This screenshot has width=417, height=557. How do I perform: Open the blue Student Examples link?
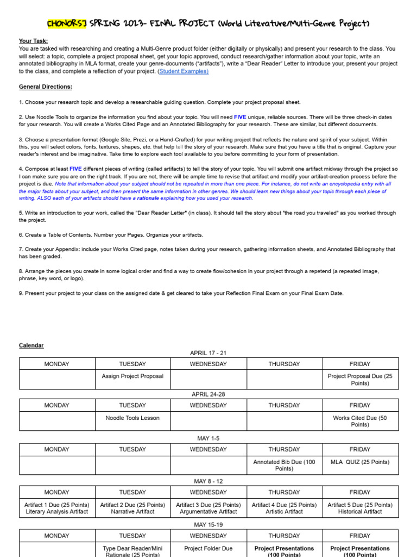click(184, 71)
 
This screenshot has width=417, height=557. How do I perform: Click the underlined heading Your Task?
click(33, 41)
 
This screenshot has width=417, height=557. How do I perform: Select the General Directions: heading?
click(46, 87)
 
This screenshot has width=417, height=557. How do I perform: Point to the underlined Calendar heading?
click(31, 345)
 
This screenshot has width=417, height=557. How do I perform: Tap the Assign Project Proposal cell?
click(132, 376)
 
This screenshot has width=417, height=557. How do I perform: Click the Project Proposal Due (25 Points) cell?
click(360, 380)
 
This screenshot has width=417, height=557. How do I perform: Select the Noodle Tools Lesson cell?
click(132, 418)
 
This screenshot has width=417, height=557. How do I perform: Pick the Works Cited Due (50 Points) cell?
click(360, 421)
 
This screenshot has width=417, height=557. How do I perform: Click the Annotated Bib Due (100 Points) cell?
click(284, 465)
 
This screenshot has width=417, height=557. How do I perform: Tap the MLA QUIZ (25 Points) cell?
click(360, 462)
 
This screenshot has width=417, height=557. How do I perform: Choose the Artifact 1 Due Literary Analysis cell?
click(57, 508)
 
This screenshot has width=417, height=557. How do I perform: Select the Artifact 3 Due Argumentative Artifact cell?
click(208, 508)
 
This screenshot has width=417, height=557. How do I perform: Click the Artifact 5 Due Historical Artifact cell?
click(360, 508)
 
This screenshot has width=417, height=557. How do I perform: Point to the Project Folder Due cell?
click(208, 548)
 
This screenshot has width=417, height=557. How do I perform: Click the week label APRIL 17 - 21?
click(208, 353)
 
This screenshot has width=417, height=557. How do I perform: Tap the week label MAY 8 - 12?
click(208, 481)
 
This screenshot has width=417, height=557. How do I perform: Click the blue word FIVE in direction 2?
click(240, 117)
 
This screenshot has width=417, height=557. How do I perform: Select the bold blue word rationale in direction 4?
click(148, 198)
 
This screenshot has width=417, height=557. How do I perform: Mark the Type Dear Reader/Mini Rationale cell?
click(132, 551)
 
